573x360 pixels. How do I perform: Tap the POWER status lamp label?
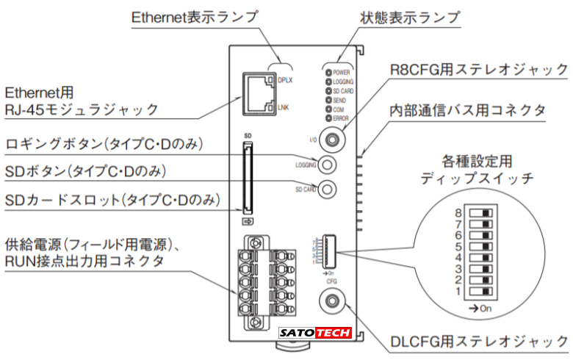click(x=342, y=73)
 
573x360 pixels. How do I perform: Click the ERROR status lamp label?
click(x=342, y=117)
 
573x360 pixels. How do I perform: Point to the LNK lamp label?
click(x=284, y=108)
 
